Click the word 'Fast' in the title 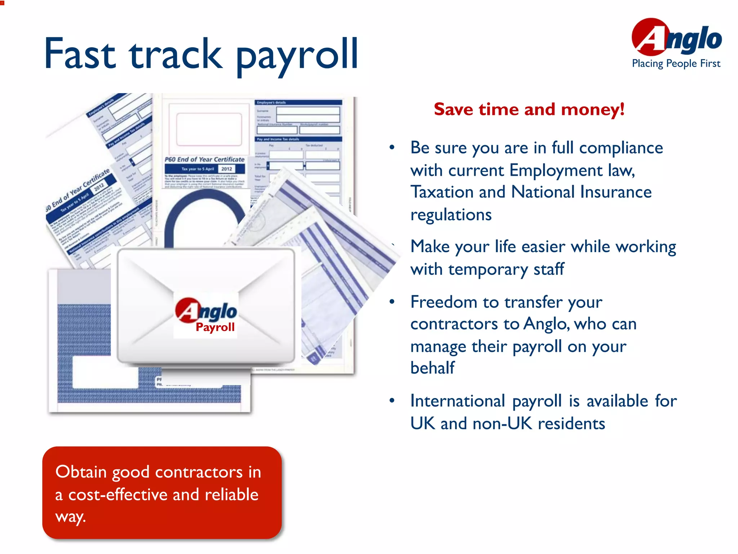point(80,54)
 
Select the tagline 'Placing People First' point(676,63)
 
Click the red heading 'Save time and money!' point(529,109)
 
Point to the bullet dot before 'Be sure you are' point(392,147)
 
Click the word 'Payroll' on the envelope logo point(215,327)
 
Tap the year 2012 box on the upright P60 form point(227,169)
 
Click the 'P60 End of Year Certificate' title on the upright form point(204,159)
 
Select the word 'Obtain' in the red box point(81,472)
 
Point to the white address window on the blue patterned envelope point(105,372)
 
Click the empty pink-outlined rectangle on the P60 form point(209,129)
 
